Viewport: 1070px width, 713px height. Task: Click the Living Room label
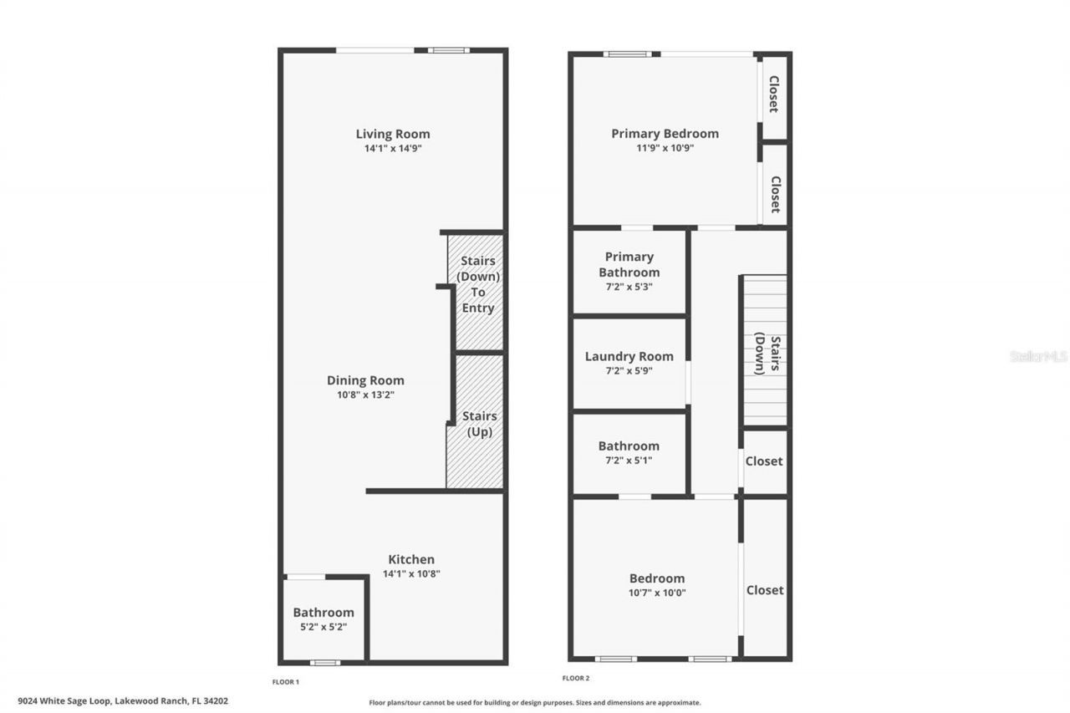[x=392, y=134]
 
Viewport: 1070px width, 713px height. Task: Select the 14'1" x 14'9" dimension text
[x=392, y=149]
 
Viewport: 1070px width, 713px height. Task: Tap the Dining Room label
[x=365, y=380]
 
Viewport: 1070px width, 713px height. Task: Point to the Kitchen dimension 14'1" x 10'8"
[x=410, y=574]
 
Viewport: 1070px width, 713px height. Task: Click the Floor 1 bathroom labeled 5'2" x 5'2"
[x=324, y=619]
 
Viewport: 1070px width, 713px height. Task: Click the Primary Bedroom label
[x=665, y=134]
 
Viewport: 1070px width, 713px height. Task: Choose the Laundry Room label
[x=629, y=357]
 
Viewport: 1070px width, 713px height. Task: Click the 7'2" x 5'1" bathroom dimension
[x=629, y=461]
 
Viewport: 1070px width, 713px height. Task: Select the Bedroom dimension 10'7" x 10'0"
[x=656, y=593]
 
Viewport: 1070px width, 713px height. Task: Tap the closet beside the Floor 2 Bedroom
[x=765, y=590]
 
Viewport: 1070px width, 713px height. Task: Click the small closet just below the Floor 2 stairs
[x=764, y=461]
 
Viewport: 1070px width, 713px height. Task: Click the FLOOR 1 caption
[x=285, y=682]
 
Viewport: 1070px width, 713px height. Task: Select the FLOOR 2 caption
[x=576, y=679]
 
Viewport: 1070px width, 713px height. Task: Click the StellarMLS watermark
[x=1038, y=356]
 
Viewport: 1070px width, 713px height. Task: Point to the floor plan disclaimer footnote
[x=535, y=703]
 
